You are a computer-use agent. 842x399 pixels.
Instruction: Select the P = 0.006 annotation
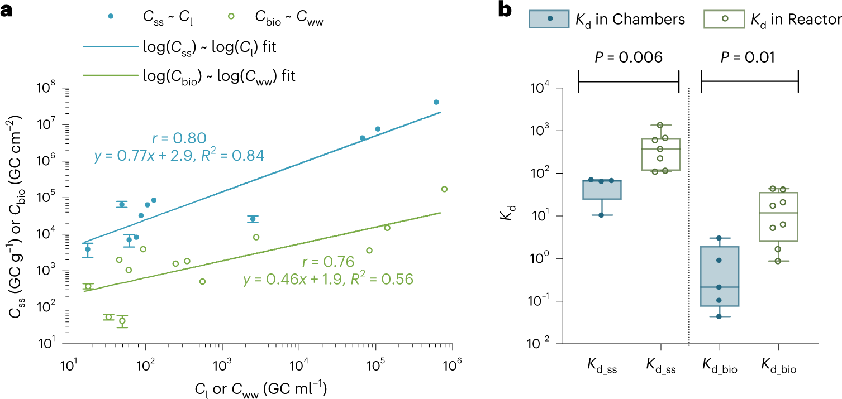tap(628, 57)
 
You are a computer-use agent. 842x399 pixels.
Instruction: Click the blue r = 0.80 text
tap(179, 138)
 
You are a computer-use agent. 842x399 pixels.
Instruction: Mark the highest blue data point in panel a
tap(436, 102)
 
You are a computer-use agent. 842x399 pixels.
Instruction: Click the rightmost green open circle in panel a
tap(444, 189)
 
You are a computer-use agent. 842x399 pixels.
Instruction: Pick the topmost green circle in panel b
tap(769, 125)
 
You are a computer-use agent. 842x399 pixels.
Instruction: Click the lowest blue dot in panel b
tap(720, 316)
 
